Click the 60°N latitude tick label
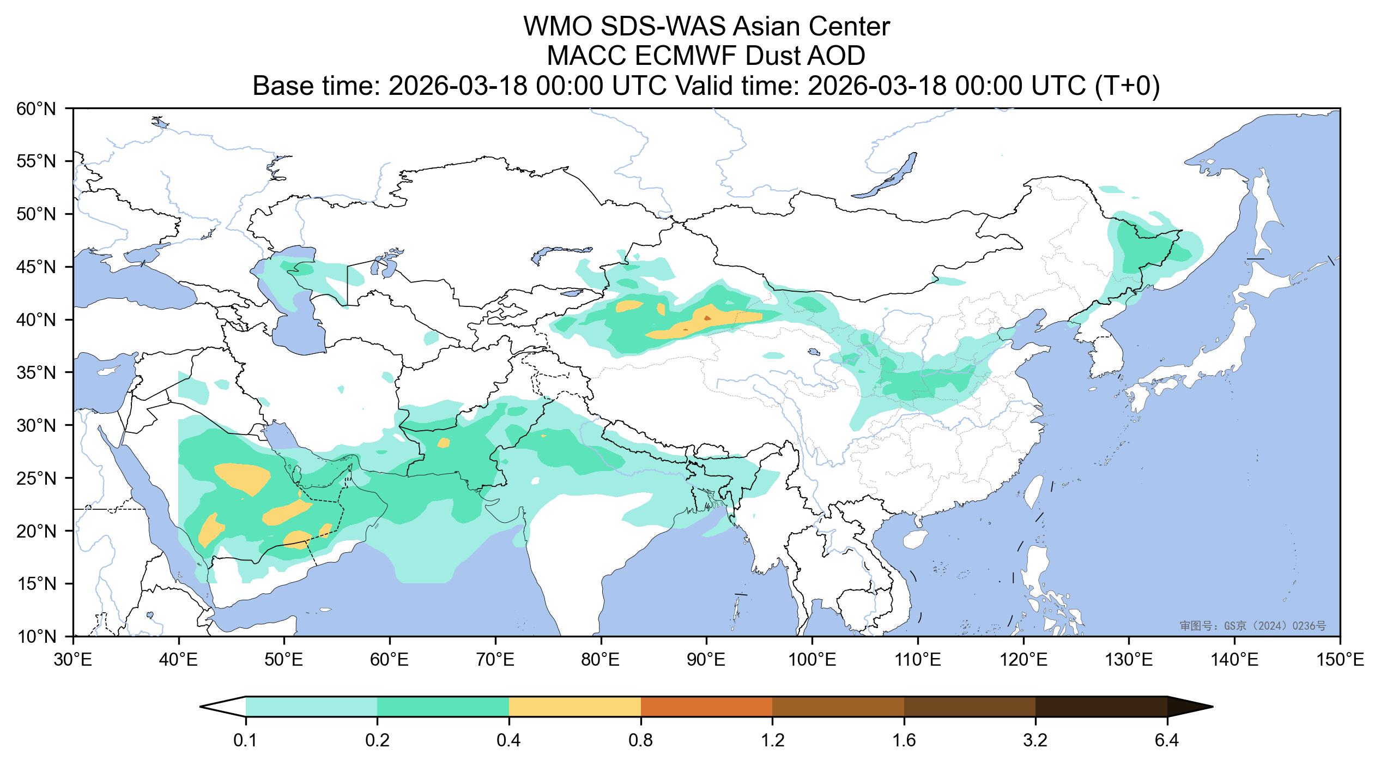[x=37, y=109]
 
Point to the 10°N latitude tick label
[x=37, y=637]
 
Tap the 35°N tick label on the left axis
[x=37, y=373]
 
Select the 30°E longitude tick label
[x=73, y=661]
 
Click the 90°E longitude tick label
[x=706, y=661]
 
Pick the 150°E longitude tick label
[x=1340, y=661]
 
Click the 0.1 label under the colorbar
[x=246, y=741]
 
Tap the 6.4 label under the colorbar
[x=1167, y=741]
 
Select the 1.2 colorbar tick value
[x=772, y=741]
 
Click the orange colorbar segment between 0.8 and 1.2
[x=706, y=707]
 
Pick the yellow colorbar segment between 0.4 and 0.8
[x=574, y=707]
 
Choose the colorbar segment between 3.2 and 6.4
[x=1101, y=707]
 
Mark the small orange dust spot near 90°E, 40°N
[x=707, y=317]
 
